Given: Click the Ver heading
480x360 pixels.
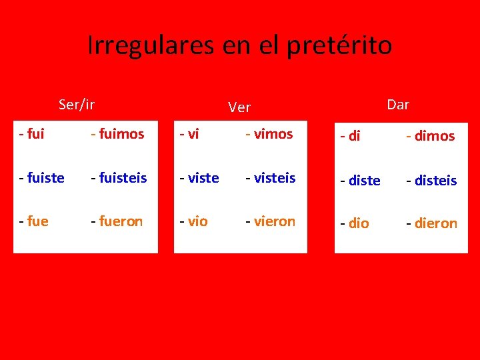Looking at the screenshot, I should (239, 107).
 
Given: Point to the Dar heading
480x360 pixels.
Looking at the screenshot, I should (398, 104).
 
